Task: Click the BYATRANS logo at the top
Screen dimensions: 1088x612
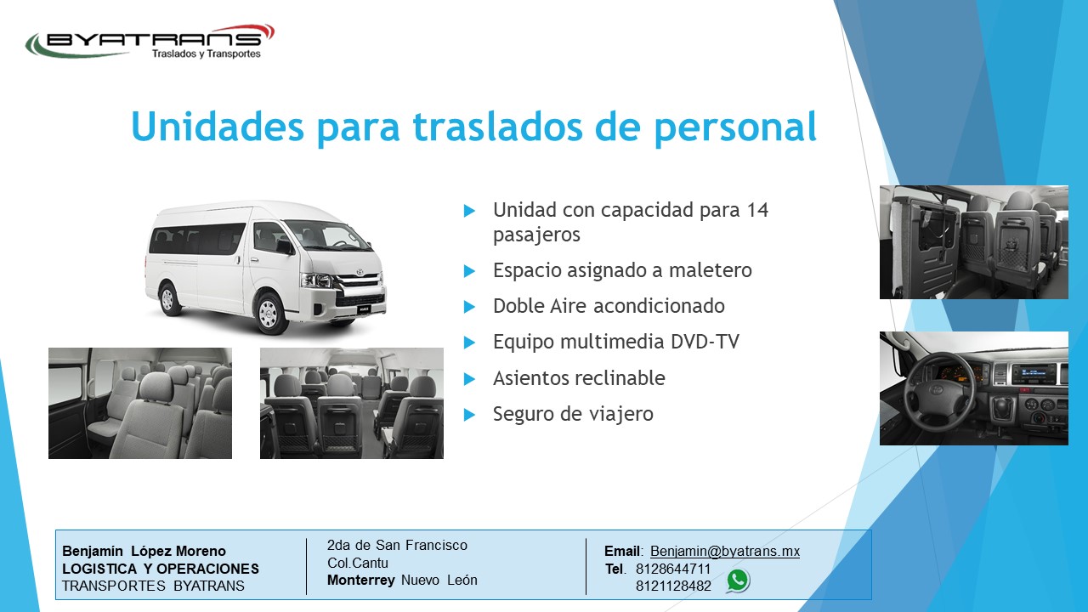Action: [x=150, y=42]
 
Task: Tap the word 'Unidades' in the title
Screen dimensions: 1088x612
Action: [x=218, y=127]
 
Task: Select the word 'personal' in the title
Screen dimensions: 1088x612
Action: [x=735, y=128]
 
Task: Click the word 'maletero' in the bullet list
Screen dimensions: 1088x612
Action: [x=710, y=270]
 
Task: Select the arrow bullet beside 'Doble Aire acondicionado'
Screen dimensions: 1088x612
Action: [x=469, y=307]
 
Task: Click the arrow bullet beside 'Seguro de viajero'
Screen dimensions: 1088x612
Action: [x=469, y=414]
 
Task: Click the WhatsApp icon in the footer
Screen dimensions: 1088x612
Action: [x=738, y=581]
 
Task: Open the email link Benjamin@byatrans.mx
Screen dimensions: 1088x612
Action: [x=725, y=552]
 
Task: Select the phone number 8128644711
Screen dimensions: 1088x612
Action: [x=672, y=569]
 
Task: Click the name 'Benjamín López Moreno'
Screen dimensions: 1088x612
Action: [x=144, y=552]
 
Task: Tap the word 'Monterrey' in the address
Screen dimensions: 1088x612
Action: [x=361, y=580]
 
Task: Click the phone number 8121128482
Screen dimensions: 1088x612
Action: [x=673, y=586]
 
